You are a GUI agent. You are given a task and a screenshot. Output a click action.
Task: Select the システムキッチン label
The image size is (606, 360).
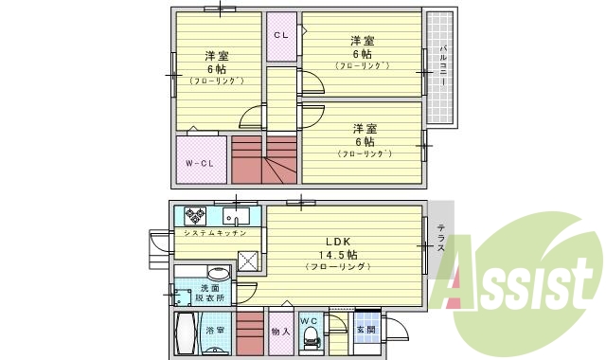215,233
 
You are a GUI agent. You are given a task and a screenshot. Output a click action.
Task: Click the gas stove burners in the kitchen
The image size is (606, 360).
196,214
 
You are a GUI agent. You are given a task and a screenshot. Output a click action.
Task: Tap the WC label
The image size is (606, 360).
309,321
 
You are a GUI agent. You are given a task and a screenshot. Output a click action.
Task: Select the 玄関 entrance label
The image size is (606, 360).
365,330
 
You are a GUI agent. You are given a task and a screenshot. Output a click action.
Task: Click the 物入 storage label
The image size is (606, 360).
279,332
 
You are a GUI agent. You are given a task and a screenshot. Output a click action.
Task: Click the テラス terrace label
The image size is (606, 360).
441,237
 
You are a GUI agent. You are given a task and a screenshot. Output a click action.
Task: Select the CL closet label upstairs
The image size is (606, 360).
280,35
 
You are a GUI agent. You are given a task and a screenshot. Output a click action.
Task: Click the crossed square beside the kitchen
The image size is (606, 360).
248,261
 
